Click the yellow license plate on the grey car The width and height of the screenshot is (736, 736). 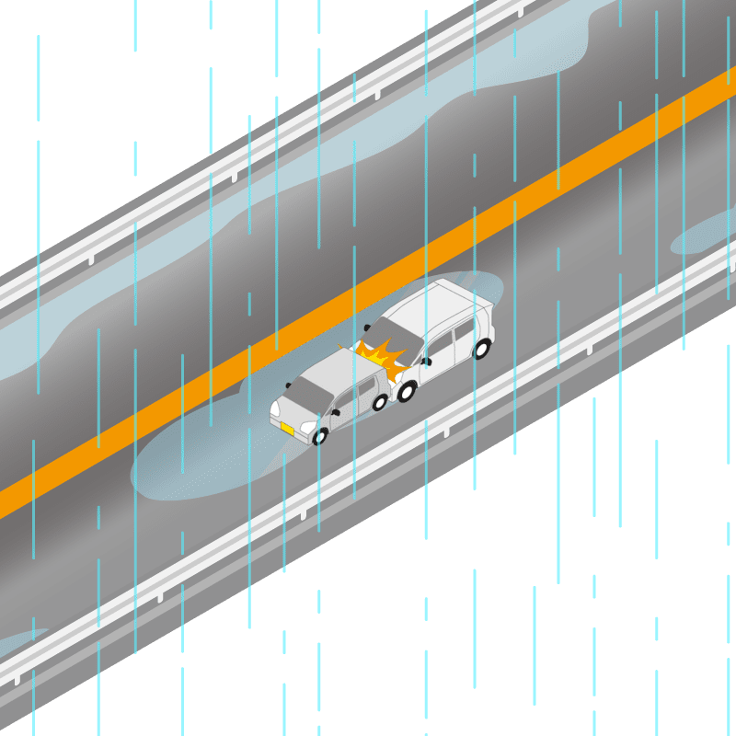287,428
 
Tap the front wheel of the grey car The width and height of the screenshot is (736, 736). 319,436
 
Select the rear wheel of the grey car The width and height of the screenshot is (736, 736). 379,402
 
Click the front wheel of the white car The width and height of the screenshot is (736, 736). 405,391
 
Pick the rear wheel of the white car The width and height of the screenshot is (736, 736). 481,349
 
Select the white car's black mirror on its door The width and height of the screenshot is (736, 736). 426,362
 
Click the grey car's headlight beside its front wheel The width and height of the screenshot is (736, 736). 308,427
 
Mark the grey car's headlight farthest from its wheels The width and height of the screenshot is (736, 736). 274,408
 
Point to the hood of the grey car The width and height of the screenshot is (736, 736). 292,409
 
